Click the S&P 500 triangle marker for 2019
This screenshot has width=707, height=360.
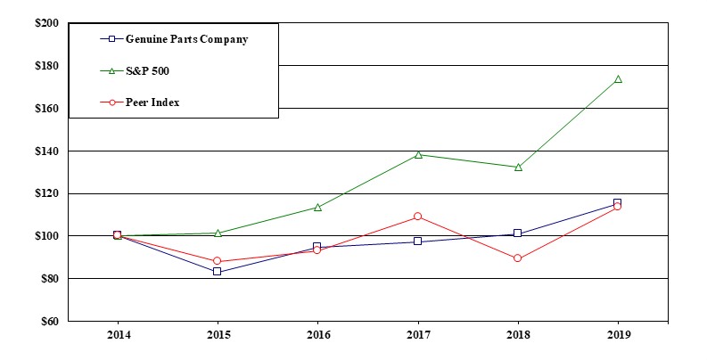(618, 79)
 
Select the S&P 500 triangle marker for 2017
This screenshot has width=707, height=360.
(418, 154)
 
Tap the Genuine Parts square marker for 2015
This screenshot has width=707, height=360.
(218, 271)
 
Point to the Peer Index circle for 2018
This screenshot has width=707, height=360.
(518, 258)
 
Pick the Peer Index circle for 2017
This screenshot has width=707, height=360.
(418, 217)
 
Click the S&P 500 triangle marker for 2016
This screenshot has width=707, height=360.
(317, 207)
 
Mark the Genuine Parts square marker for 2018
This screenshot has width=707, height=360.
(518, 233)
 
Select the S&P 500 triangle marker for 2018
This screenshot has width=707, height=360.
(518, 167)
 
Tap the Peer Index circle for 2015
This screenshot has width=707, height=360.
(218, 261)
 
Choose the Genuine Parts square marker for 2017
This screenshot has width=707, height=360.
(418, 241)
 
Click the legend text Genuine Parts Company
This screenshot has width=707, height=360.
(186, 39)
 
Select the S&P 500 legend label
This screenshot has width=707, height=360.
(147, 70)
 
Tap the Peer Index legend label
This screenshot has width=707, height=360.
(152, 102)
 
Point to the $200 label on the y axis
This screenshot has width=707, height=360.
(46, 22)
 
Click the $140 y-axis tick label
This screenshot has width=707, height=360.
(46, 151)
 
